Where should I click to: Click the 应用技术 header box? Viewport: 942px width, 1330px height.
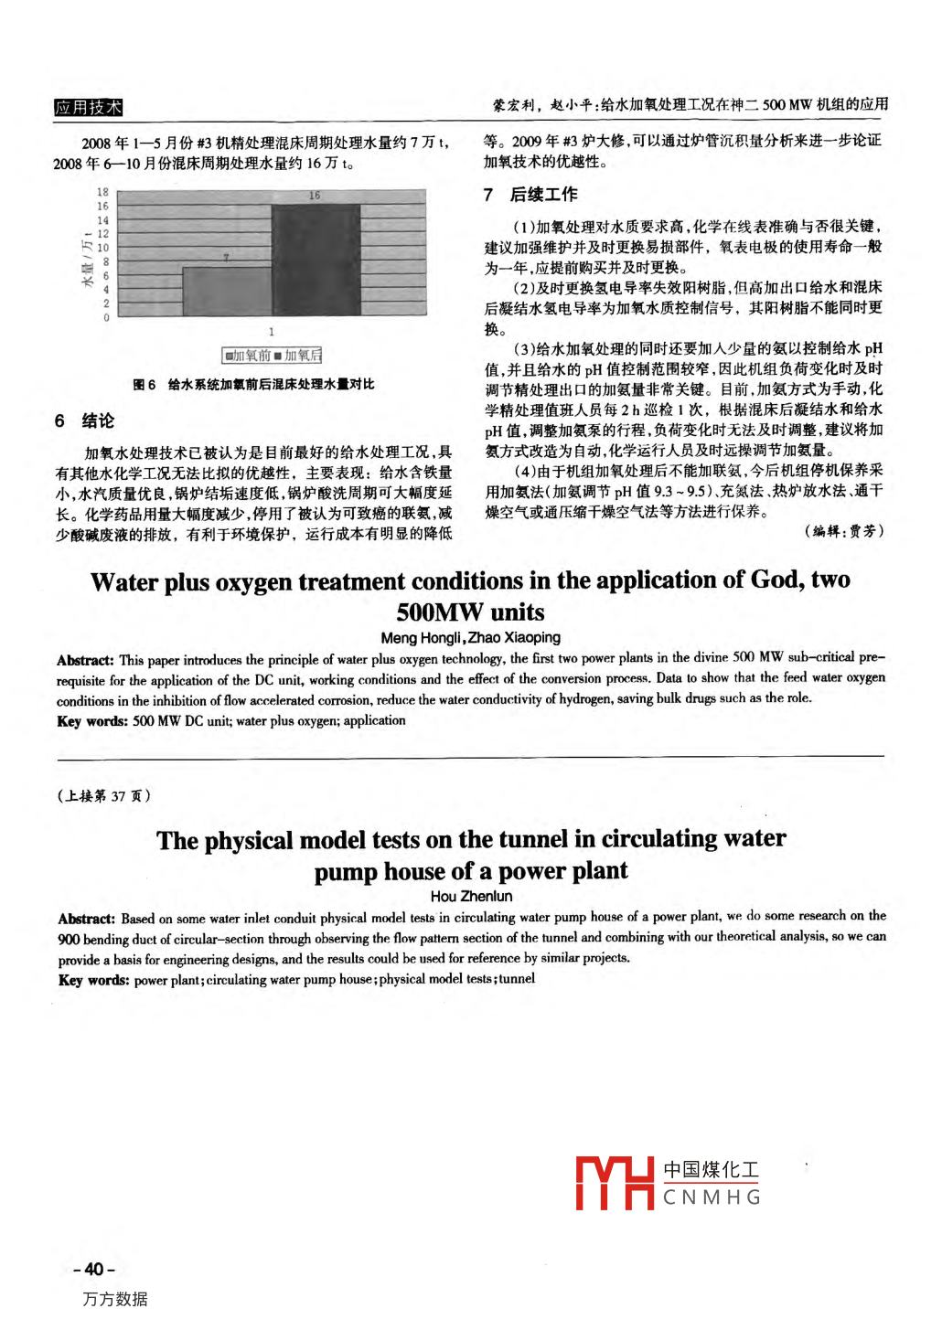[x=88, y=108]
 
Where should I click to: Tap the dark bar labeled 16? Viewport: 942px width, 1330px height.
[x=316, y=260]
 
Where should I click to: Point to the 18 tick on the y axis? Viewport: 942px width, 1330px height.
[x=102, y=193]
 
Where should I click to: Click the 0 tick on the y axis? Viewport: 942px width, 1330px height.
[x=106, y=318]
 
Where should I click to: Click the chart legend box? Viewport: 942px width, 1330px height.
[x=272, y=356]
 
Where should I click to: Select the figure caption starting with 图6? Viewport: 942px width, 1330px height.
[x=253, y=385]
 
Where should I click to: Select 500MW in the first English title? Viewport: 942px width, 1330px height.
[x=438, y=612]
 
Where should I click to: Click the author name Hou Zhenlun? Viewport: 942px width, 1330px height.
[x=471, y=897]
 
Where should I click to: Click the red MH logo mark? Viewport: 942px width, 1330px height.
[x=614, y=1184]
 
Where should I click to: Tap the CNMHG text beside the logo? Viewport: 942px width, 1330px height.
[x=712, y=1197]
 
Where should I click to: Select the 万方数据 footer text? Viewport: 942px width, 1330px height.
[x=114, y=1299]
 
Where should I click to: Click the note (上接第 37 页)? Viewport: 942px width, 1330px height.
[x=103, y=796]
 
